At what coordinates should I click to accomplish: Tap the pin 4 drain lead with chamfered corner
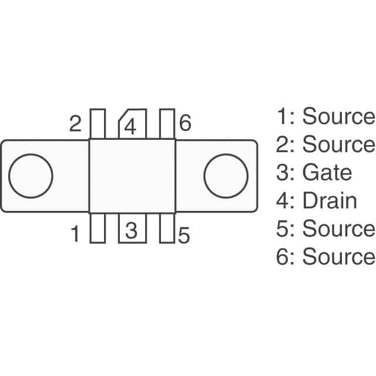pos(132,124)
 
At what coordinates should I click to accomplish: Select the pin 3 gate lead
pos(132,228)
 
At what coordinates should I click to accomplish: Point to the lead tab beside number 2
pos(98,124)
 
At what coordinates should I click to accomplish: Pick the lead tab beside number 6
pos(167,124)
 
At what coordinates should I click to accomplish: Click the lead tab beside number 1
pos(98,228)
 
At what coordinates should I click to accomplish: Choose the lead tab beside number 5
pos(167,228)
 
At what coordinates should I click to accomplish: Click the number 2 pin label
pos(75,123)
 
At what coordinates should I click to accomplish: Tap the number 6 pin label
pos(185,123)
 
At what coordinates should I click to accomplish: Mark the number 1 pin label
pos(76,234)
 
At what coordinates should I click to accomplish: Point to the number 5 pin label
pos(184,235)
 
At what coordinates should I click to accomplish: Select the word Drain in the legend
pos(330,200)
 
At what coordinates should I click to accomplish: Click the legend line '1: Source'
pos(325,116)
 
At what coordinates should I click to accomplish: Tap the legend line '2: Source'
pos(325,144)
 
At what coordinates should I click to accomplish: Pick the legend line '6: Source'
pos(325,256)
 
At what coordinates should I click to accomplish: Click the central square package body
pos(132,176)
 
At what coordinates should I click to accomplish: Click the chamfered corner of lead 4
pos(123,115)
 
